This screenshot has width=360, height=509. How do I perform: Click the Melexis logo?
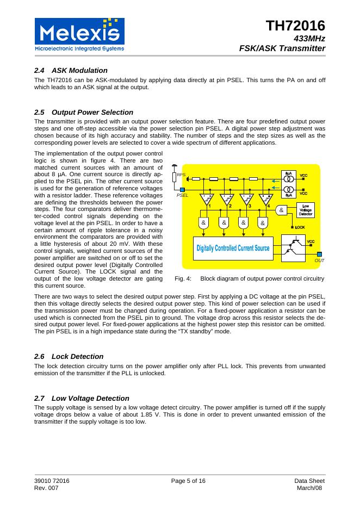(x=79, y=34)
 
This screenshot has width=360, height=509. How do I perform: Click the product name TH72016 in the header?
(x=295, y=25)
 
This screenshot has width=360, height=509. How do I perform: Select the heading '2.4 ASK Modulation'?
(x=71, y=71)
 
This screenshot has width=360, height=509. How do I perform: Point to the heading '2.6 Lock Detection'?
(x=69, y=356)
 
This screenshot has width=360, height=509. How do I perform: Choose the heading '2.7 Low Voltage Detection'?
(x=82, y=398)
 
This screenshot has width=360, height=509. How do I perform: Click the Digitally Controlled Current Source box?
(x=233, y=248)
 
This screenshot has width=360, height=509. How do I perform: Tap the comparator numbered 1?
(x=206, y=200)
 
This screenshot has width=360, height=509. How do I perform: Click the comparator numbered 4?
(x=265, y=200)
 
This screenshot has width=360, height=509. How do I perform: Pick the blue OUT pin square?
(x=319, y=254)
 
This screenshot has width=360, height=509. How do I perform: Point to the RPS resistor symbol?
(x=174, y=177)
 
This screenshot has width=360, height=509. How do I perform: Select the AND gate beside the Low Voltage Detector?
(x=281, y=210)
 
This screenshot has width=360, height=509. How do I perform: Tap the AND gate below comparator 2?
(x=224, y=222)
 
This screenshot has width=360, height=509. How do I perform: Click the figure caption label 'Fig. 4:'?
(x=183, y=278)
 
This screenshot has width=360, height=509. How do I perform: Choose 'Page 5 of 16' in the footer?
(x=188, y=481)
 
